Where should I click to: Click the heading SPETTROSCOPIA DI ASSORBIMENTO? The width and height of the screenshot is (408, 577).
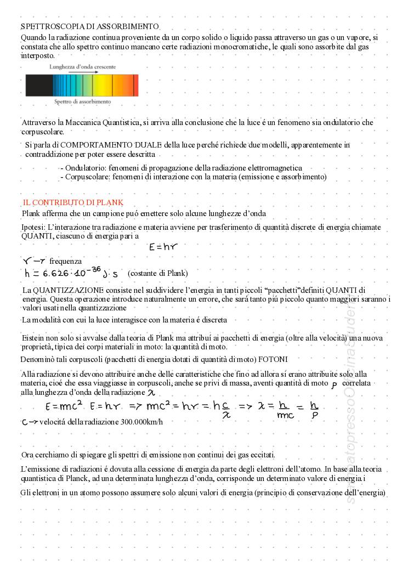[90, 26]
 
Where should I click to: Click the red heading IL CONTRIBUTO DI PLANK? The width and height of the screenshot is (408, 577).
[73, 203]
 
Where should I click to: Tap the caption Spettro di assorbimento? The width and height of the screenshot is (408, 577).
[82, 101]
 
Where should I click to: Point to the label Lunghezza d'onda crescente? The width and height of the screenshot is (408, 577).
[82, 66]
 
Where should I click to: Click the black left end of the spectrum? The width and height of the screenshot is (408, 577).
[38, 86]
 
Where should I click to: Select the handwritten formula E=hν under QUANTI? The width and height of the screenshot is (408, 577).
[163, 247]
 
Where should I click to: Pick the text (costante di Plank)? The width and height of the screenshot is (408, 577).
[157, 273]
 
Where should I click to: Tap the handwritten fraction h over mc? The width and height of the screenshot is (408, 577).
[284, 410]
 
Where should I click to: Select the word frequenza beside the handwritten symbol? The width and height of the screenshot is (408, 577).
[65, 262]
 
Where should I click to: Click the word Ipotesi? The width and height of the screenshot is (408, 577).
[33, 227]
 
